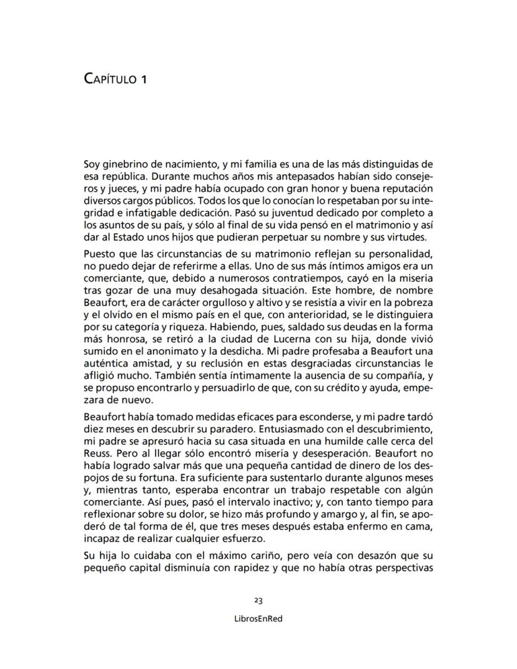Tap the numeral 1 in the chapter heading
click(143, 79)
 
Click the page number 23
click(258, 600)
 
